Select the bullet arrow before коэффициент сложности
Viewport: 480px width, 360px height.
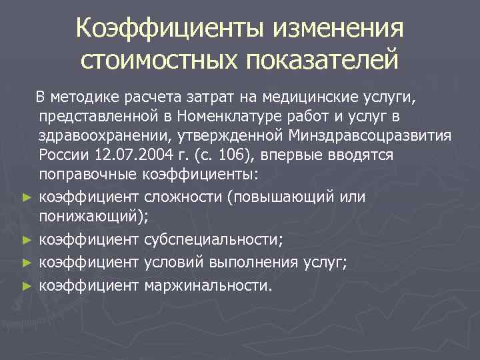[26, 199]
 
